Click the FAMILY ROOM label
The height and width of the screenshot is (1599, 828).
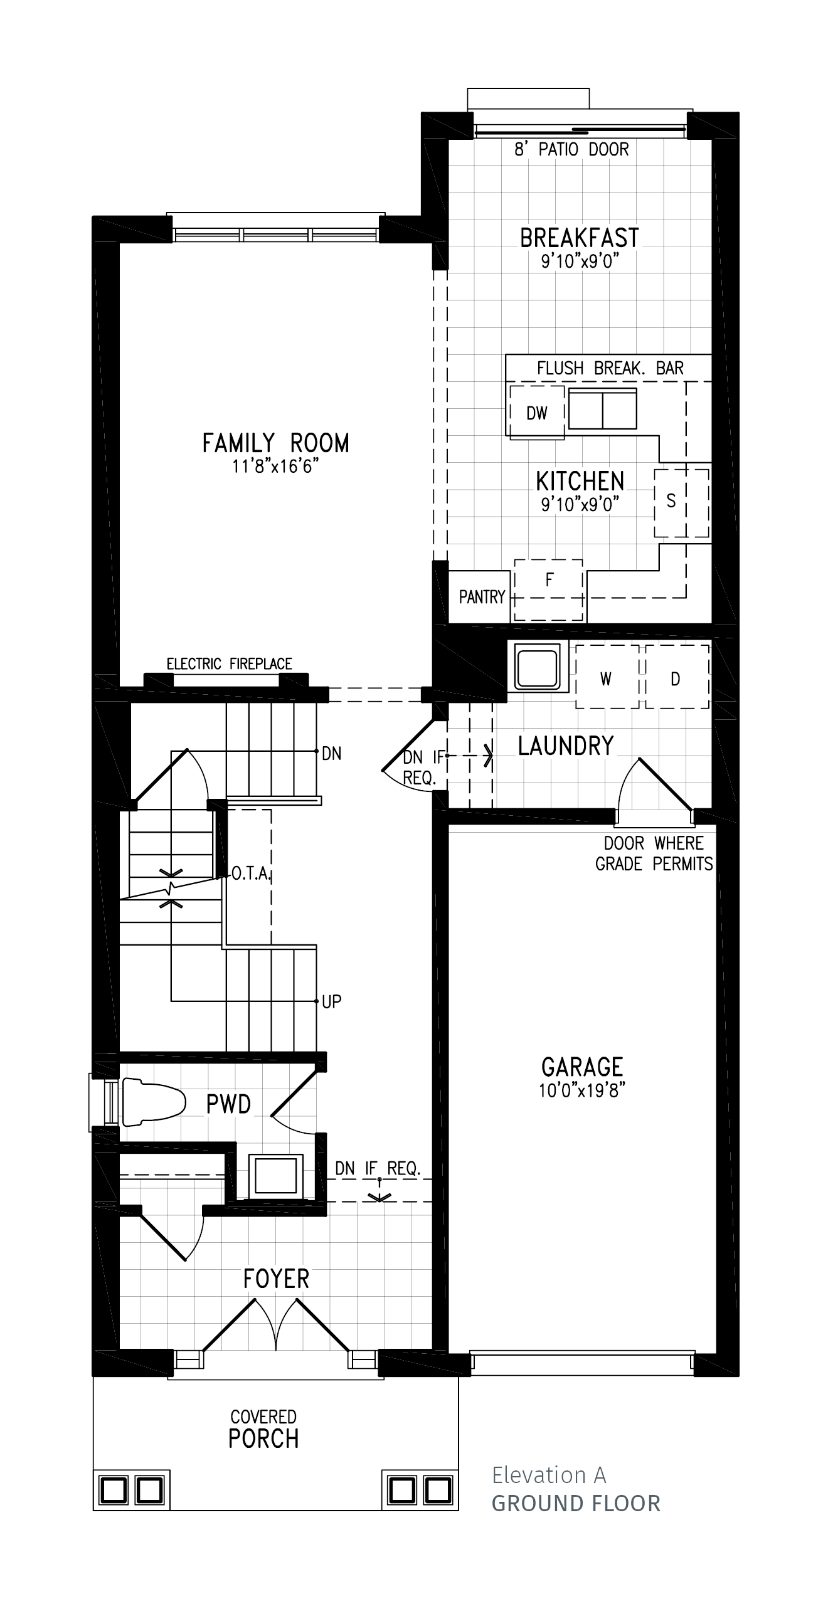tap(275, 443)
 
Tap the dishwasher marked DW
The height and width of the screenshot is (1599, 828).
tap(537, 413)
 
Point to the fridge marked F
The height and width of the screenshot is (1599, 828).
tap(549, 590)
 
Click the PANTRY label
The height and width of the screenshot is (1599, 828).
tap(482, 597)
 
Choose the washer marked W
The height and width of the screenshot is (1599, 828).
tap(607, 677)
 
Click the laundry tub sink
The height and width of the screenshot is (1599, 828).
tap(537, 666)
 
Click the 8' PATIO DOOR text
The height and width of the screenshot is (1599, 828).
tap(571, 149)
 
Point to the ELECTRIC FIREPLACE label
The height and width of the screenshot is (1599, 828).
tap(230, 664)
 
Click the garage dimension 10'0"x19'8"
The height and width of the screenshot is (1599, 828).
tap(582, 1090)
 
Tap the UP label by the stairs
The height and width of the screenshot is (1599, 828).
tap(331, 1001)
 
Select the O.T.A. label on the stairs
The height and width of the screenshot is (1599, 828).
tap(251, 873)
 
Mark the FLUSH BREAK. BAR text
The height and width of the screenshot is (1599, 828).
tap(610, 368)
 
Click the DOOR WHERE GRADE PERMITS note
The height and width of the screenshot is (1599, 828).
tap(654, 853)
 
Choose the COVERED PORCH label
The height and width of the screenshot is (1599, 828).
tap(263, 1429)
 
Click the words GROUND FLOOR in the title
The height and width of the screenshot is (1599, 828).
tap(576, 1503)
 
